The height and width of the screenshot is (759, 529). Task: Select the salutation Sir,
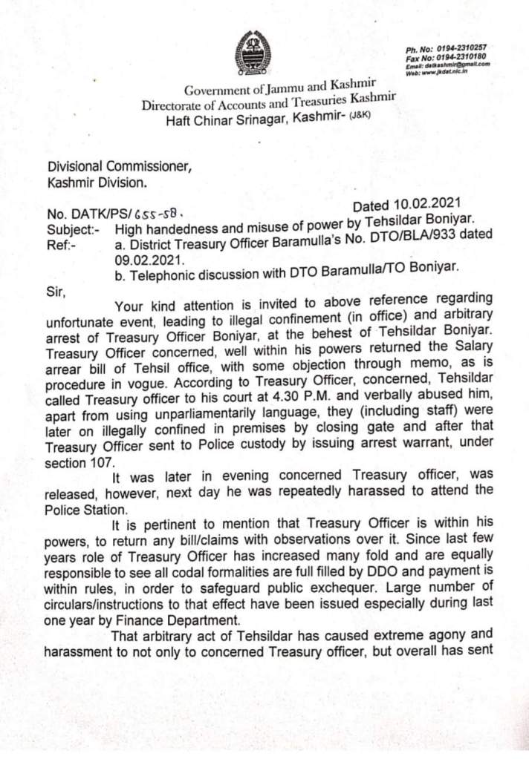[x=56, y=292]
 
